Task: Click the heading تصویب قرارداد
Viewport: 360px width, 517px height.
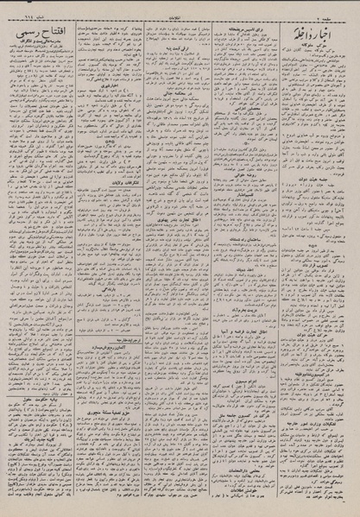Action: coord(315,312)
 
